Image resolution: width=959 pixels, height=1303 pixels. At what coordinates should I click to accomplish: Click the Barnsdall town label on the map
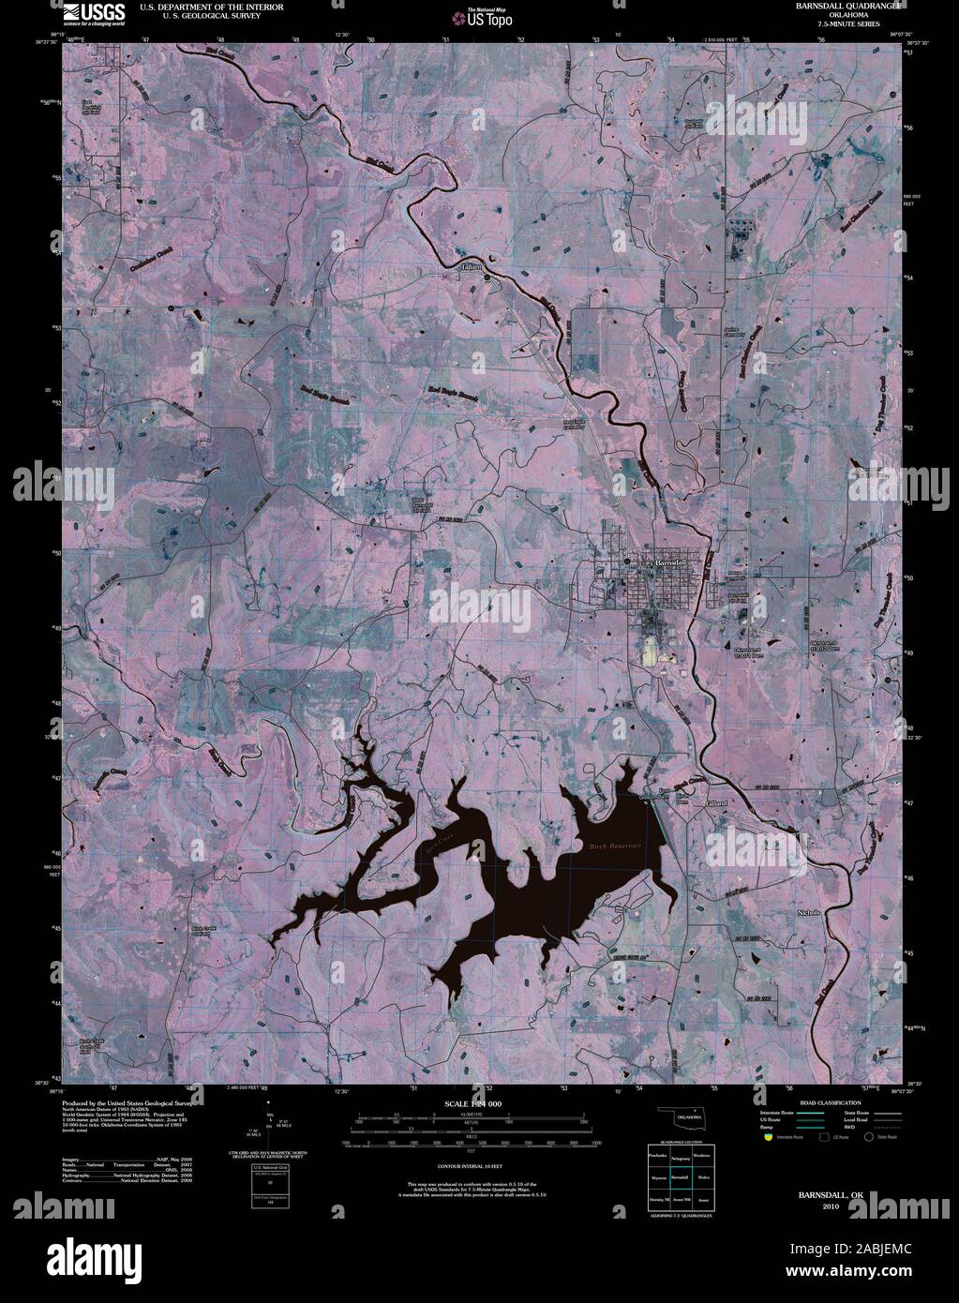[670, 561]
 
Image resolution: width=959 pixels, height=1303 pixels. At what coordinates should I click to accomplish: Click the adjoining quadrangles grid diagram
[682, 1176]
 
